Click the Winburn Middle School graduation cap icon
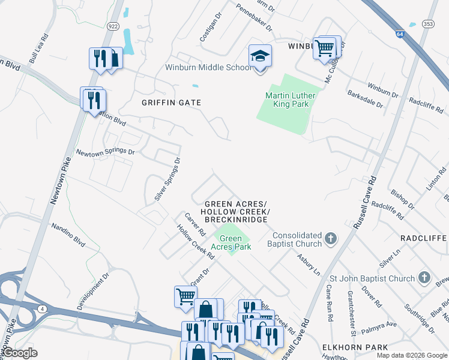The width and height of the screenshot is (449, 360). coord(260,56)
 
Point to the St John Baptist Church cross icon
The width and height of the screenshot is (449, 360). coord(424,278)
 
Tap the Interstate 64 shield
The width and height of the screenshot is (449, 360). coord(400,34)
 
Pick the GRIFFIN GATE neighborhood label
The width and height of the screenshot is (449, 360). coord(170,103)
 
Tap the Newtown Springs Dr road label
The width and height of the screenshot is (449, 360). coord(104,152)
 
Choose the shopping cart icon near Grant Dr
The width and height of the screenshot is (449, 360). coord(185,296)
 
